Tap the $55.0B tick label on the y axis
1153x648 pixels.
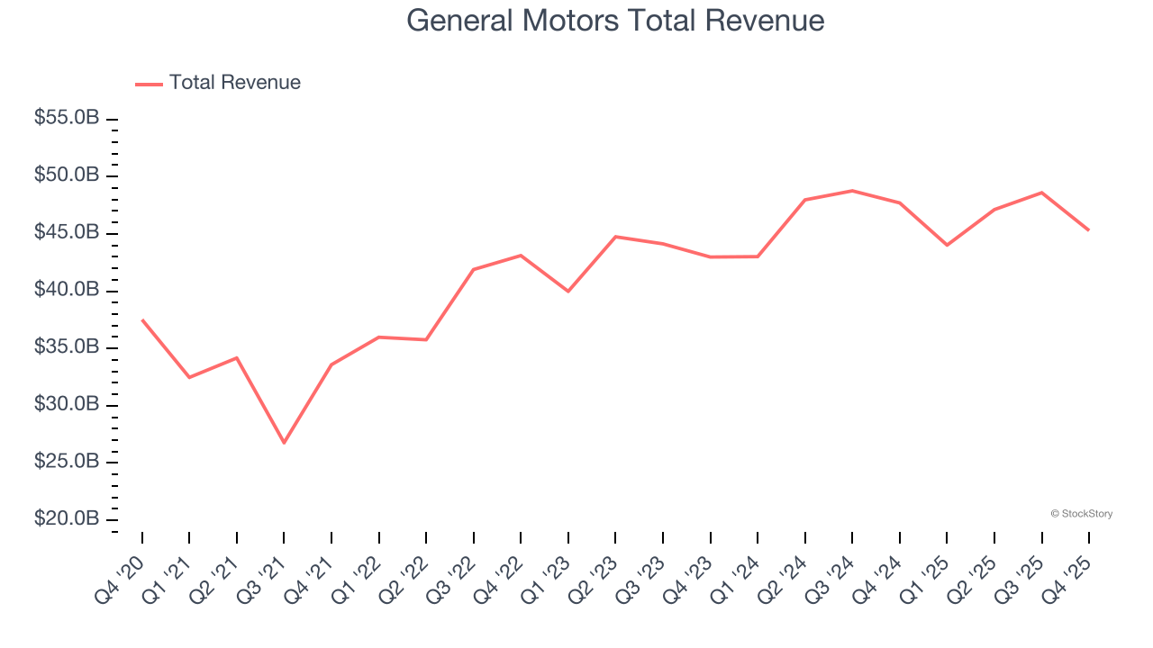point(67,118)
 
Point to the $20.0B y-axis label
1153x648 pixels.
point(67,519)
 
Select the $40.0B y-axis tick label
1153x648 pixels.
point(67,290)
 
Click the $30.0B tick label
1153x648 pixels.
point(67,405)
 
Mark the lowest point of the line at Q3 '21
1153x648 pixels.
point(284,443)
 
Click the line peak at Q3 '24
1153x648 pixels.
point(852,191)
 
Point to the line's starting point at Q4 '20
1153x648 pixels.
point(142,319)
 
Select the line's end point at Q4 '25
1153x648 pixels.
point(1088,230)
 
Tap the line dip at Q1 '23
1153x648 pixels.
point(568,292)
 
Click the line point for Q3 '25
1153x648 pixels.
point(1041,193)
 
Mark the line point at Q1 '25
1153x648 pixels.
point(947,245)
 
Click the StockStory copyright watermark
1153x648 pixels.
point(1081,514)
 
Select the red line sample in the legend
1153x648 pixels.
point(149,84)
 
